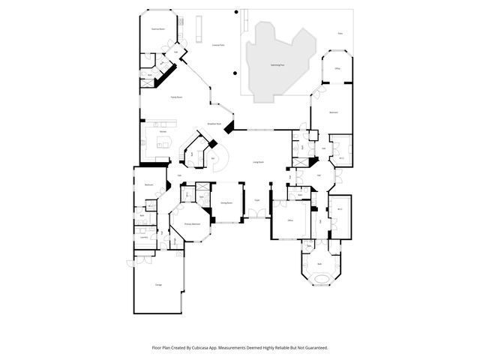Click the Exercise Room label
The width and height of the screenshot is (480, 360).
point(158,28)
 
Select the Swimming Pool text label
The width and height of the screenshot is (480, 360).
point(277,65)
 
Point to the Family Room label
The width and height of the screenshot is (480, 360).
point(177,97)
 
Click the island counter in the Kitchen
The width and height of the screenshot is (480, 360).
point(163,142)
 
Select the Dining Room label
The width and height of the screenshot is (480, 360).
point(226,202)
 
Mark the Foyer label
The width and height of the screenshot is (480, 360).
point(256,199)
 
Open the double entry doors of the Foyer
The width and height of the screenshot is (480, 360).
point(257,216)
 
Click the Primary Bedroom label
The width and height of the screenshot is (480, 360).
point(191,223)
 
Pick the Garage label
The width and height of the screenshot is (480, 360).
point(158,285)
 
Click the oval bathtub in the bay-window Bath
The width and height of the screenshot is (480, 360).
point(320,278)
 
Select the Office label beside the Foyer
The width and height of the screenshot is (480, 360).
point(289,220)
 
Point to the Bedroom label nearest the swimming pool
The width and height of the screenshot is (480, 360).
point(334,112)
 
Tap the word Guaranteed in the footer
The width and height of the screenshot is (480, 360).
point(313,347)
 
